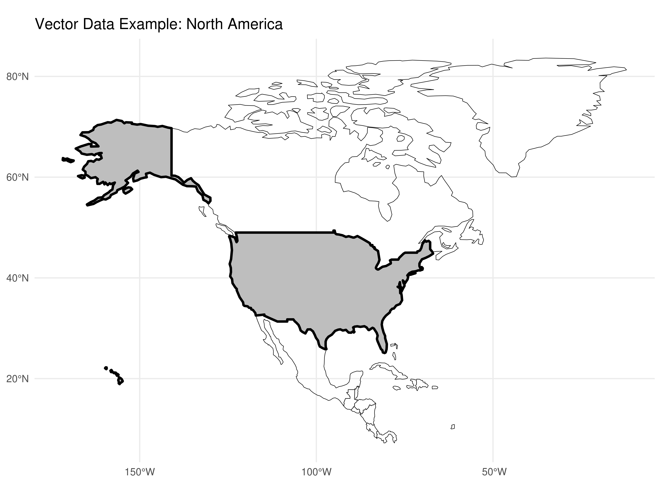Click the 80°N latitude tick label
point(17,77)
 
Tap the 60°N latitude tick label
point(17,178)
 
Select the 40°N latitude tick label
point(17,278)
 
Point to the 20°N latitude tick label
point(17,379)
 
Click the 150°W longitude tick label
point(140,472)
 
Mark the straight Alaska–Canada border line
point(172,153)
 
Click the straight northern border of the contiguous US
point(284,232)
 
